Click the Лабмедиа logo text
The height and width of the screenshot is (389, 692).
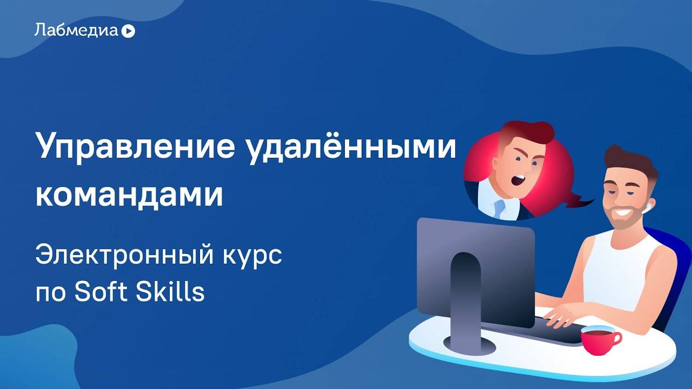tap(76, 30)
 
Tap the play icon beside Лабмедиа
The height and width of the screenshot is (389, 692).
tap(128, 31)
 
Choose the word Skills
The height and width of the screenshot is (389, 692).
tap(179, 292)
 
